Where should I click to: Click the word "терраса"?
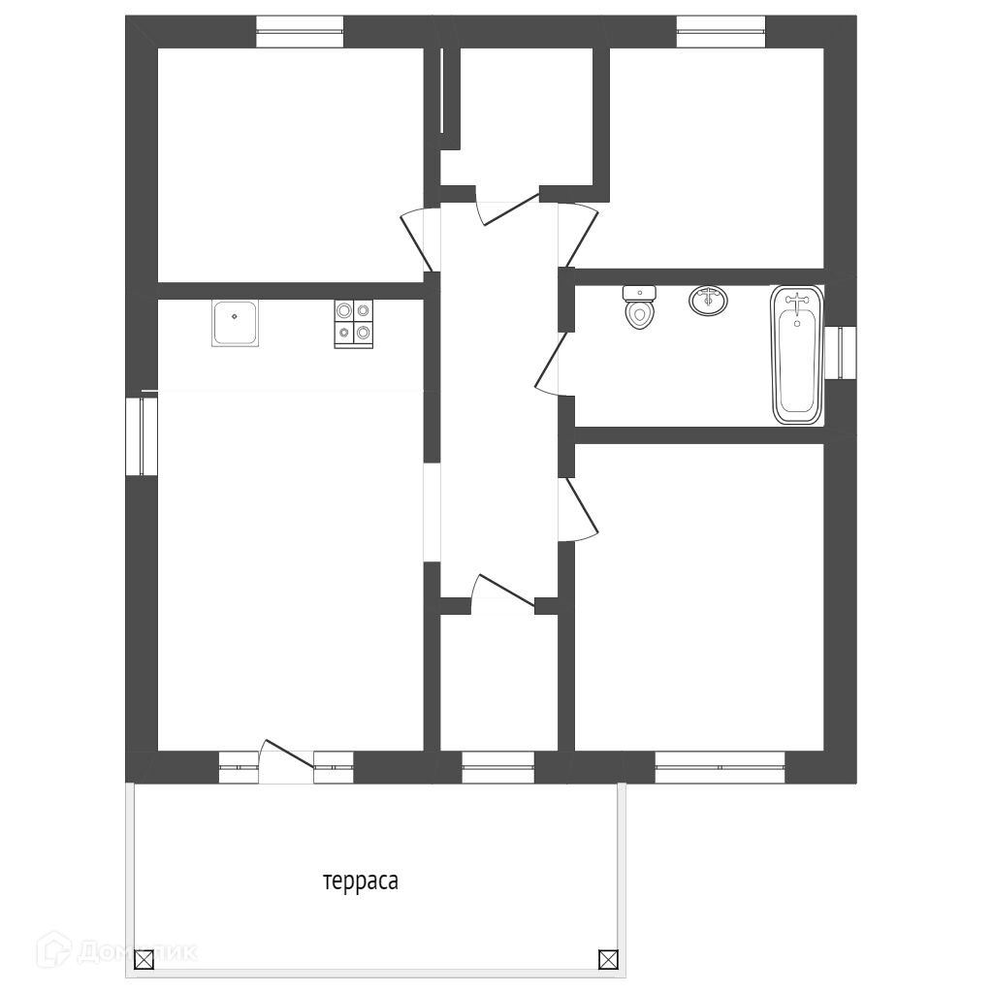tap(361, 881)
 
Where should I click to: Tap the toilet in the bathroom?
tap(639, 307)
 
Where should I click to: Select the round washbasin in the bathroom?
tap(708, 301)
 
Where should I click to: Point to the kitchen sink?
tap(235, 323)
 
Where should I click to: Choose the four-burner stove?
tap(353, 324)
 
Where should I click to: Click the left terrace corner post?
tap(145, 960)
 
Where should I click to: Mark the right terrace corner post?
tap(607, 959)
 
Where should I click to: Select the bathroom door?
tap(550, 365)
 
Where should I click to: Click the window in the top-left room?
tap(300, 32)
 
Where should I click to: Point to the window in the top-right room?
tap(721, 32)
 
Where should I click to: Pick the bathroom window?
tap(841, 353)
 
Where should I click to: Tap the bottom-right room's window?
tap(721, 767)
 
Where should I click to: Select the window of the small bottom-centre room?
tap(498, 767)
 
